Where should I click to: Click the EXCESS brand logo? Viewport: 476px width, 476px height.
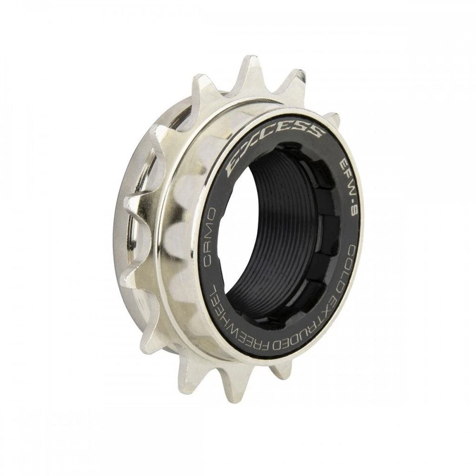click(274, 139)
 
